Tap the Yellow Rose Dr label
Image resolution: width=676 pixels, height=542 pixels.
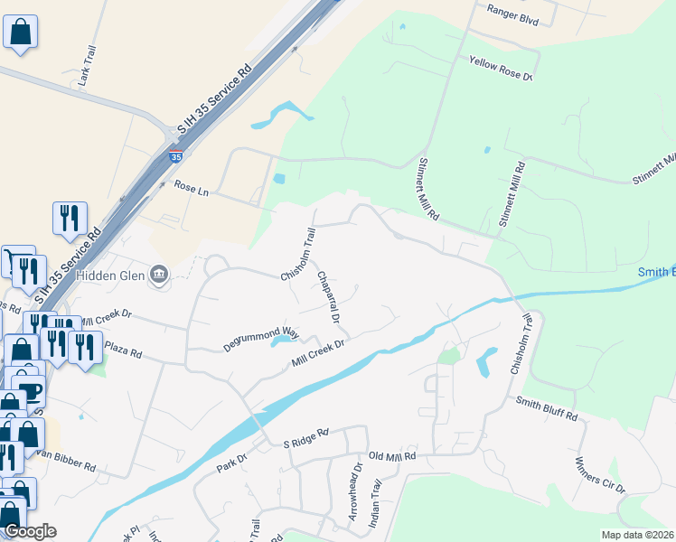(502, 68)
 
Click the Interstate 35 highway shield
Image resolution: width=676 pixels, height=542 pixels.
(175, 155)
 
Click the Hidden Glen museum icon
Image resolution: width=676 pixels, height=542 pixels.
(160, 273)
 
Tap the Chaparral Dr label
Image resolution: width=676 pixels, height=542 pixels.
(328, 300)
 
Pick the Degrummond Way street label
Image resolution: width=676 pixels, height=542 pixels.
(261, 340)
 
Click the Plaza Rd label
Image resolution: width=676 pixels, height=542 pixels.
(123, 350)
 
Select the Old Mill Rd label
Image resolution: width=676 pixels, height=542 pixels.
(391, 457)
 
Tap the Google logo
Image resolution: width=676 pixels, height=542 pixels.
(30, 531)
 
